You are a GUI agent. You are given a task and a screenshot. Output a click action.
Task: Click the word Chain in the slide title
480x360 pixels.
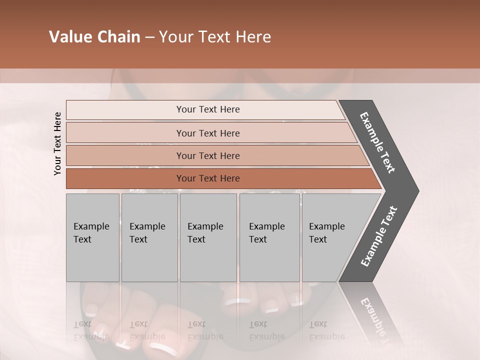click(118, 37)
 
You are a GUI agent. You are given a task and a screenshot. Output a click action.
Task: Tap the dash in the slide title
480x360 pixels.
click(149, 37)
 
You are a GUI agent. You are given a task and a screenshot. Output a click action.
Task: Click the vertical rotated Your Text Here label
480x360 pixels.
click(57, 143)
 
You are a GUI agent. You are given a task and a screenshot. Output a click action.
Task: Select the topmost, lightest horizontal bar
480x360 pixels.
click(125, 110)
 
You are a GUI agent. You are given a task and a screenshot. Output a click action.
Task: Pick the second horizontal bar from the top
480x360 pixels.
click(125, 133)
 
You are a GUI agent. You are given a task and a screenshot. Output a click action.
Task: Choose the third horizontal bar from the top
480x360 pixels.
click(125, 155)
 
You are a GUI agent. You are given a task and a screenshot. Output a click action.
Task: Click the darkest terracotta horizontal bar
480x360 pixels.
click(125, 178)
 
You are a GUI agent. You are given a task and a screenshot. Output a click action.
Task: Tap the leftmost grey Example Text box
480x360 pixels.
click(92, 237)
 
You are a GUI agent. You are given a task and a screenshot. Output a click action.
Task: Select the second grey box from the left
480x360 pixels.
click(149, 237)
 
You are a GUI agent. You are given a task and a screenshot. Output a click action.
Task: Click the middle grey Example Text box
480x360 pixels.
click(208, 237)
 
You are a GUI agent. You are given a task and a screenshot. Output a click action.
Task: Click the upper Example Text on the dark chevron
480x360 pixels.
click(378, 142)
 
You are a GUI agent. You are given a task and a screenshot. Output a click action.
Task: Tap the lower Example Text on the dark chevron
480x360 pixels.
click(378, 236)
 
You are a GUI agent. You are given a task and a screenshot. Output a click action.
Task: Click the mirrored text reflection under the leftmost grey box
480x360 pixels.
click(91, 330)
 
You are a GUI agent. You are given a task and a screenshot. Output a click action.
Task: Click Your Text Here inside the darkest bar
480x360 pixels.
click(208, 178)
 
